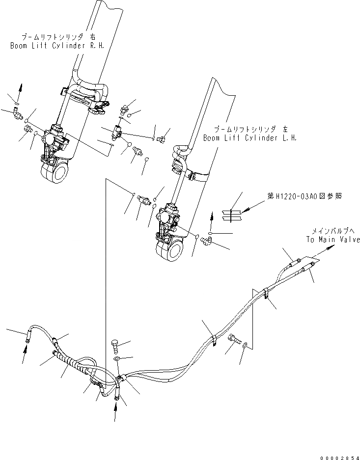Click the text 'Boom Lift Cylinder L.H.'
click(250, 138)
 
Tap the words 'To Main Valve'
click(332, 240)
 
